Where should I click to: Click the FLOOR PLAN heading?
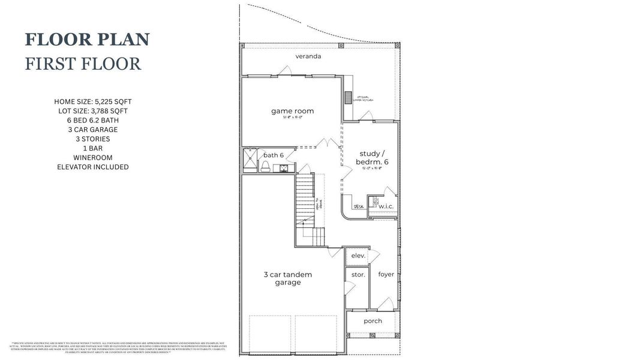point(87,40)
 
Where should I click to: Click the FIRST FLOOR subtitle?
point(83,64)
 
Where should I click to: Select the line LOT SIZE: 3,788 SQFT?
point(93,111)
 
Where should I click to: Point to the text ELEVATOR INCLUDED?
point(93,167)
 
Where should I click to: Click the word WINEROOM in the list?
point(93,158)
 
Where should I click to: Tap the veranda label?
point(308,56)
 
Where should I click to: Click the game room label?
point(292,111)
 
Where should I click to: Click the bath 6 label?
point(274,155)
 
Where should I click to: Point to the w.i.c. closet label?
point(386,207)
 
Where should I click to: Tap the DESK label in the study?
point(359,207)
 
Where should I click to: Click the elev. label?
point(358,256)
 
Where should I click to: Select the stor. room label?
point(358,275)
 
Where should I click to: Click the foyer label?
point(386,274)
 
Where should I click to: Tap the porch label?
point(373,321)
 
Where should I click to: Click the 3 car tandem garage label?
point(288,278)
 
